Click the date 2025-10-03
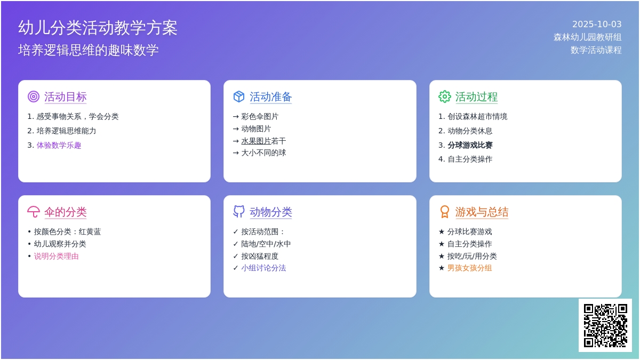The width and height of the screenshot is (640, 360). [x=597, y=25]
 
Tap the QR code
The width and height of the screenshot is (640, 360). [x=605, y=325]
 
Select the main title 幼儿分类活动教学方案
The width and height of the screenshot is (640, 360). [x=98, y=28]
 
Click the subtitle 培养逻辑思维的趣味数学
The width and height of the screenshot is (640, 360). [x=89, y=50]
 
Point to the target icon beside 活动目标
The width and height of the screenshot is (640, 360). [x=34, y=97]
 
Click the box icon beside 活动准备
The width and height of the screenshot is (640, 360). [x=239, y=97]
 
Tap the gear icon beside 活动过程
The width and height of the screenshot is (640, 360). [x=445, y=97]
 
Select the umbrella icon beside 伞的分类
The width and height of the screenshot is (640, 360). [x=34, y=212]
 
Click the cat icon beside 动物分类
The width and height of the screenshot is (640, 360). [x=239, y=212]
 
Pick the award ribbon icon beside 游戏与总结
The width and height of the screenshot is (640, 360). [x=445, y=212]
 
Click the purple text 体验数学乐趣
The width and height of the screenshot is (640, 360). [x=59, y=145]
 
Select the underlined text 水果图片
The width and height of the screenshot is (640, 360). [x=256, y=141]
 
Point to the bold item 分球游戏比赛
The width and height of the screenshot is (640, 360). [x=470, y=145]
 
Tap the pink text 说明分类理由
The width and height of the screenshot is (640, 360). [x=57, y=256]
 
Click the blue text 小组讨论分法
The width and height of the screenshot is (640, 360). [x=263, y=268]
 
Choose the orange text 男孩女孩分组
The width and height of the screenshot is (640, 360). [x=469, y=268]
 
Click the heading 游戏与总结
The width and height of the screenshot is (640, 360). [x=482, y=212]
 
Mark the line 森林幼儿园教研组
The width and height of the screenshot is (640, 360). [x=587, y=37]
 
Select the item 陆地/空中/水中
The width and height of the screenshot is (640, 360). [x=266, y=244]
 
